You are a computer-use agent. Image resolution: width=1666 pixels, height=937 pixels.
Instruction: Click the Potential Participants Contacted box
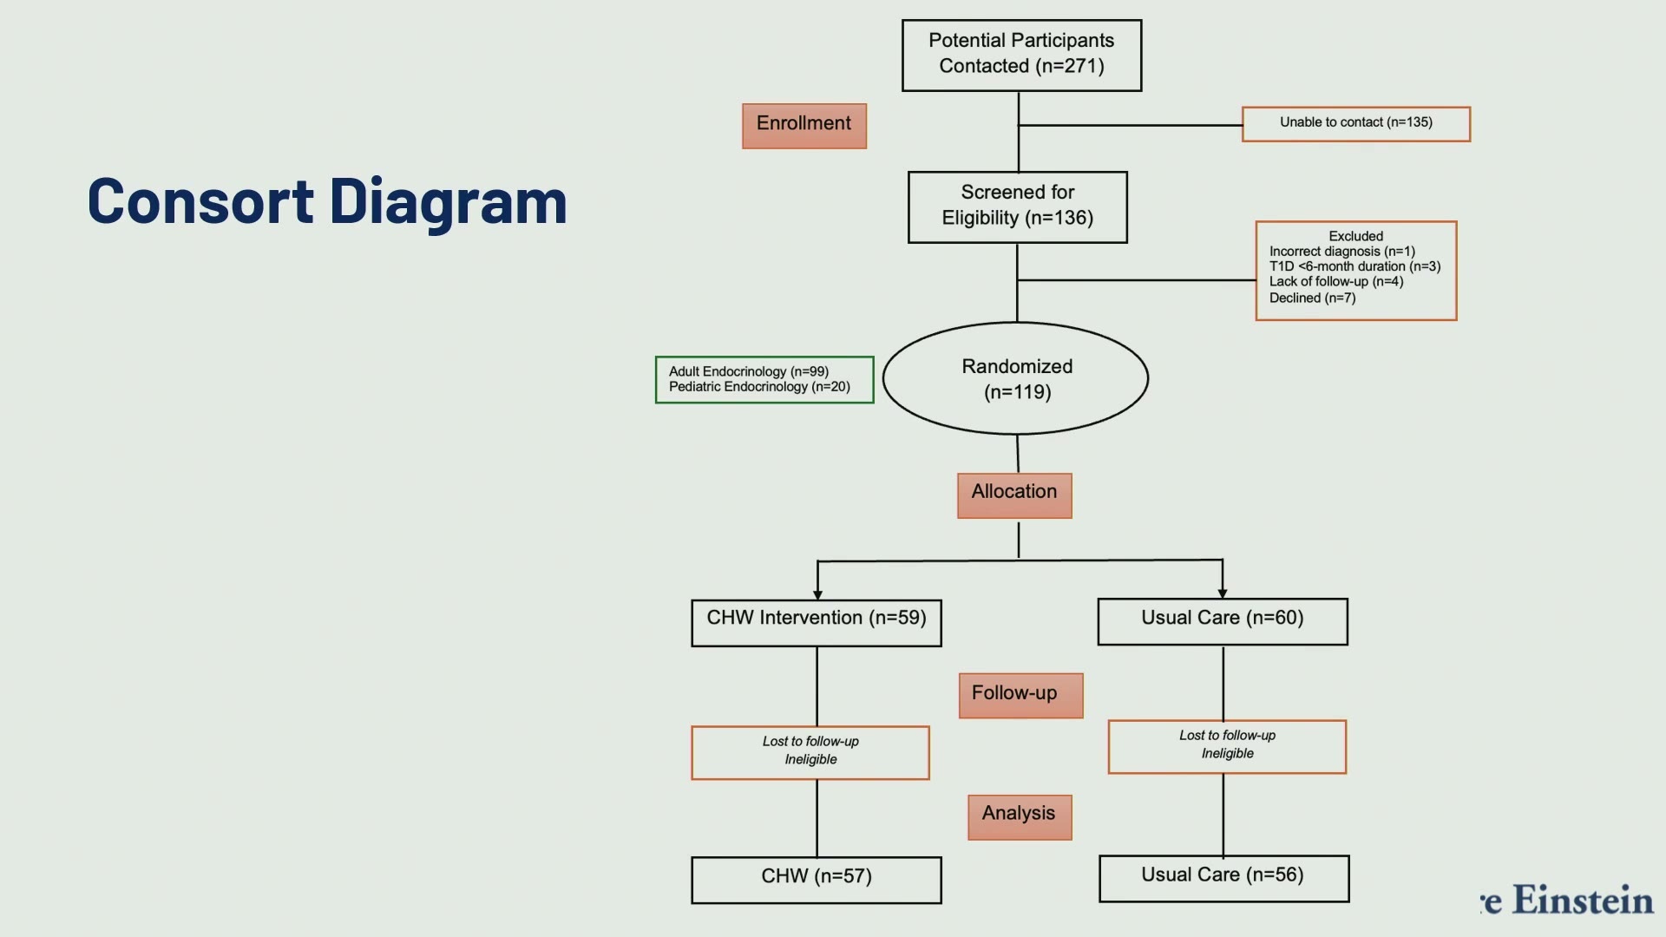[1021, 56]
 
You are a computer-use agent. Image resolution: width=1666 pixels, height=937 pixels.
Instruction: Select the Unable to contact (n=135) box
[1356, 124]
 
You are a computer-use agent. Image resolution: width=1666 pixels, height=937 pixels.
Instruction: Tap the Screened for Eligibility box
[1018, 207]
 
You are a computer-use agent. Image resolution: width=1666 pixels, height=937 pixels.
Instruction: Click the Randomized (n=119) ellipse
[1016, 378]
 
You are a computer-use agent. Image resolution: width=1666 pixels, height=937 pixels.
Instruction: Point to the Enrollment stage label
[804, 126]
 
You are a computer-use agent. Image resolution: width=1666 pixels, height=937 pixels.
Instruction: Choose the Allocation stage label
[1014, 495]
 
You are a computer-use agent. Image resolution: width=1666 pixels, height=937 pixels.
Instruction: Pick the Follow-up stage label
[1020, 696]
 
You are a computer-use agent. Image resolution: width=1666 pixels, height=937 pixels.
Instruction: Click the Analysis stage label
[1020, 817]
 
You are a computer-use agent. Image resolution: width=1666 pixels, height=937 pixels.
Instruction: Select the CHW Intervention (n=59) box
[817, 623]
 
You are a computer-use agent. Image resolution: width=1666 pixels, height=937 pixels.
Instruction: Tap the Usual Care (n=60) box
[1223, 621]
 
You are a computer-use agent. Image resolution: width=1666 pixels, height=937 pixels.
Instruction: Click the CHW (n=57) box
[817, 880]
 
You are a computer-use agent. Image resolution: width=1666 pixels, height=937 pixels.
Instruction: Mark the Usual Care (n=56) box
[1224, 878]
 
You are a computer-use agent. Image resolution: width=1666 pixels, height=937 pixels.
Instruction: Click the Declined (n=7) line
[1312, 298]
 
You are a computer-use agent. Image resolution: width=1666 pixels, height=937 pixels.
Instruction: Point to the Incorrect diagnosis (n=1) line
[1341, 251]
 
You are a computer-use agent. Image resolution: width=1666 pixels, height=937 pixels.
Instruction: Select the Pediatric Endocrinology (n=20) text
[759, 387]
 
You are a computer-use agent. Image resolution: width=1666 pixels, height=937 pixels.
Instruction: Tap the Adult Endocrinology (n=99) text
[749, 371]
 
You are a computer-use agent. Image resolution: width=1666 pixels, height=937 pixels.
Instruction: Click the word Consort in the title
[200, 201]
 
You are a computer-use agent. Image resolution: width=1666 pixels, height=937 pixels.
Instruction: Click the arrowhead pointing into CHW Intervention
[817, 594]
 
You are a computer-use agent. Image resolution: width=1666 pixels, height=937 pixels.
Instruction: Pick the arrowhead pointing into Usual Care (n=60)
[1223, 593]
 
